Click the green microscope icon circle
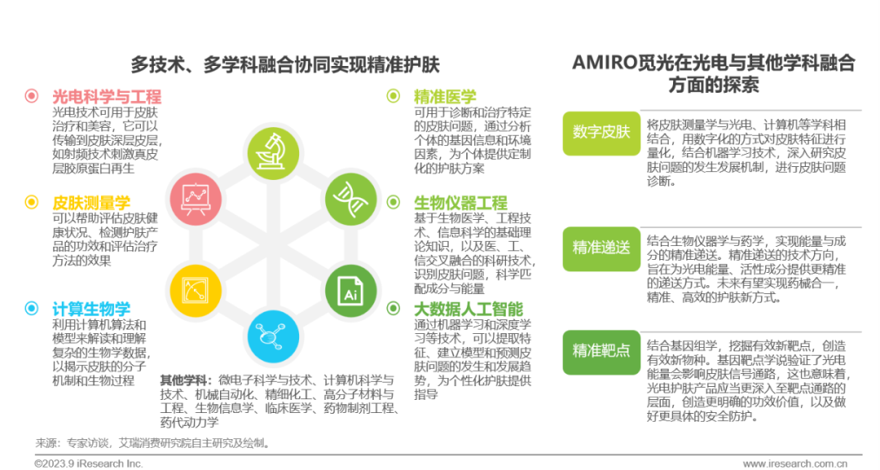pyautogui.click(x=273, y=153)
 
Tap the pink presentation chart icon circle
pyautogui.click(x=196, y=199)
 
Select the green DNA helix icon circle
pyautogui.click(x=350, y=199)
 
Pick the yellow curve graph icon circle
pyautogui.click(x=196, y=291)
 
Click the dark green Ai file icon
pyautogui.click(x=350, y=291)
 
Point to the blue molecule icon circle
pyautogui.click(x=273, y=336)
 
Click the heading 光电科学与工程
pyautogui.click(x=107, y=96)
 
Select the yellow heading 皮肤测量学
pyautogui.click(x=91, y=203)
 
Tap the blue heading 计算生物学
pyautogui.click(x=91, y=309)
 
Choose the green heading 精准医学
pyautogui.click(x=445, y=96)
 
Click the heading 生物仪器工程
pyautogui.click(x=460, y=203)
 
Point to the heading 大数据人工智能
pyautogui.click(x=469, y=309)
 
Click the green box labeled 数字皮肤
pyautogui.click(x=601, y=133)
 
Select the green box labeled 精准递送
pyautogui.click(x=601, y=248)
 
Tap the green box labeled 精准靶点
pyautogui.click(x=601, y=352)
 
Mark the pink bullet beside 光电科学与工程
pyautogui.click(x=32, y=96)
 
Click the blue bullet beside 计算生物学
pyautogui.click(x=32, y=308)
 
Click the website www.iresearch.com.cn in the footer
pyautogui.click(x=795, y=463)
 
